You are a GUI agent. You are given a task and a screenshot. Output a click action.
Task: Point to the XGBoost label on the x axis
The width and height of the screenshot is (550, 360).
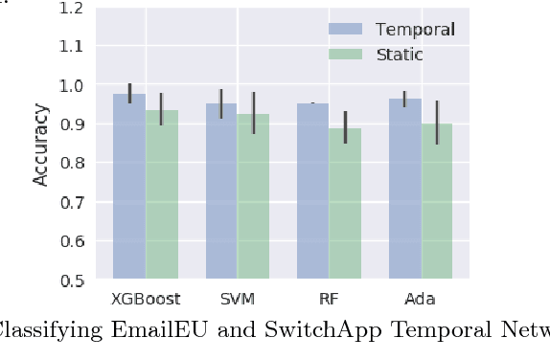146,299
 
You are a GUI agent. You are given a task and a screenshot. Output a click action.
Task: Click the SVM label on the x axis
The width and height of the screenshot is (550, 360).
238,299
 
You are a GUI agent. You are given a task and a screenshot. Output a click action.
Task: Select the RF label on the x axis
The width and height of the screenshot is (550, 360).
330,299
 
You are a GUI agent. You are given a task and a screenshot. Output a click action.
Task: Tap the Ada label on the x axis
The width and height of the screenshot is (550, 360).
421,299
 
